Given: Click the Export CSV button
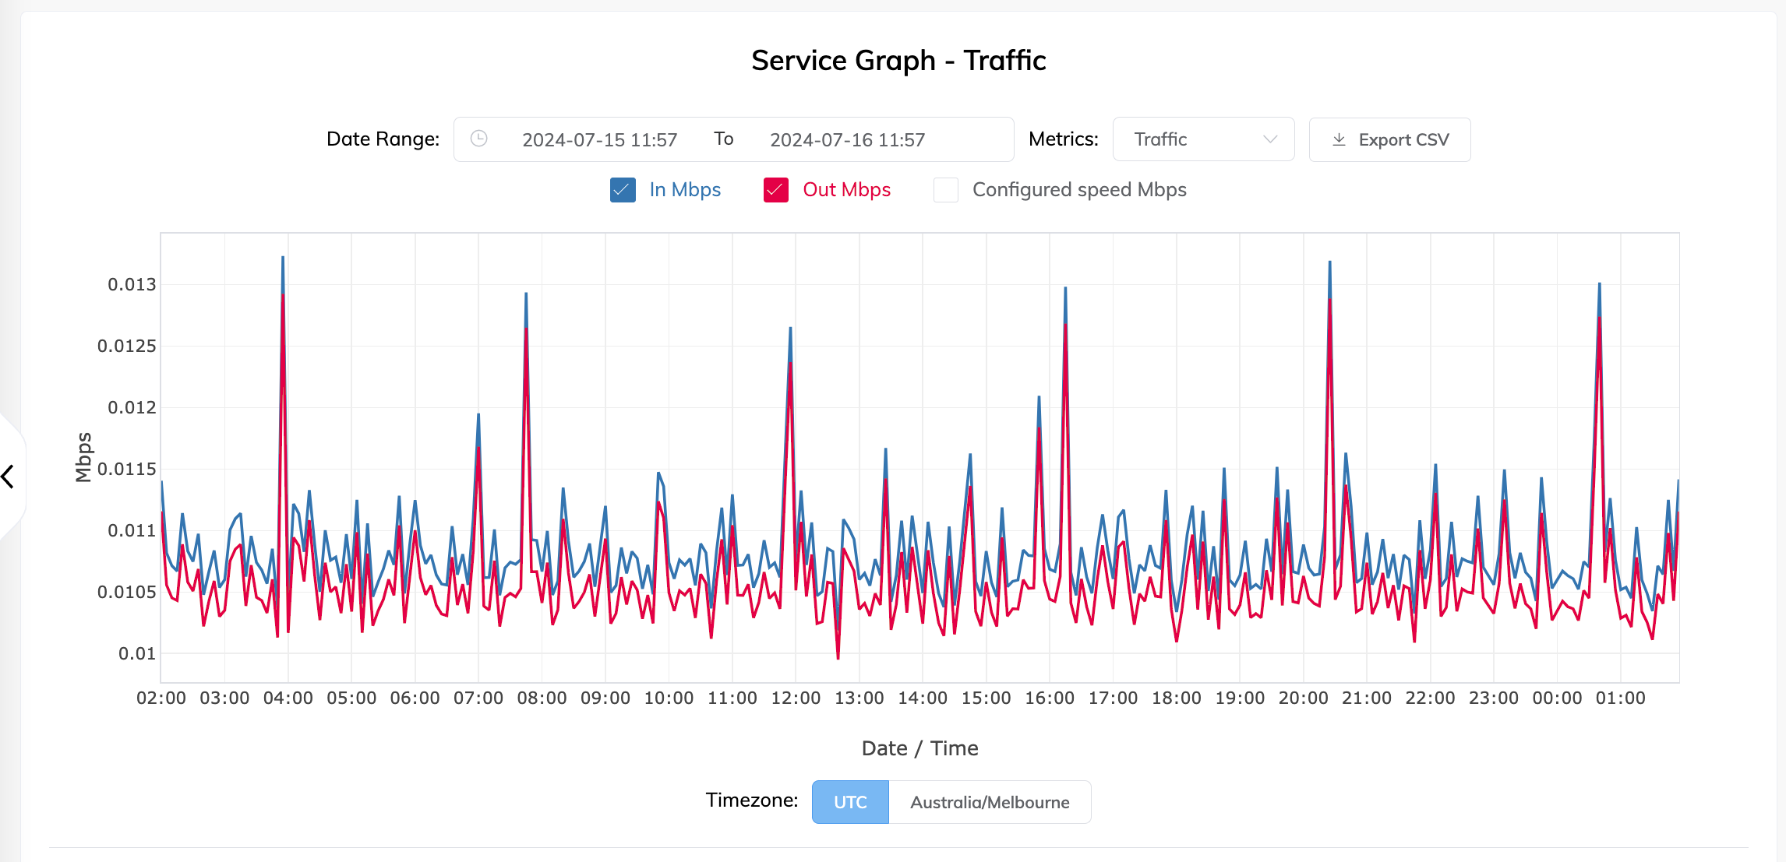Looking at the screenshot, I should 1389,140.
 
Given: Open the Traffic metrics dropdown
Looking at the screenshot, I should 1203,140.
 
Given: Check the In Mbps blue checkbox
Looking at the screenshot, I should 623,190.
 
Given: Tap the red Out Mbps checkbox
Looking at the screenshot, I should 776,190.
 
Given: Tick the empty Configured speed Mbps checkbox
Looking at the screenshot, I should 946,190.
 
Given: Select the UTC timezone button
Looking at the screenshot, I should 850,802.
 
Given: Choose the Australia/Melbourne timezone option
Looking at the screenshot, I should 990,802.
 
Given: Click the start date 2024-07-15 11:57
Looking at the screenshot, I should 599,140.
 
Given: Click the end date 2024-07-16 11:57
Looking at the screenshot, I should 847,140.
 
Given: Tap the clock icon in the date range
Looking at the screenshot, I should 479,139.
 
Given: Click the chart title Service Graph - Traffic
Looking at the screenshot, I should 898,61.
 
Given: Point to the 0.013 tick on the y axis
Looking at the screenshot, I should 132,284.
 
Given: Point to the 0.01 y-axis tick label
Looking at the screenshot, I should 137,653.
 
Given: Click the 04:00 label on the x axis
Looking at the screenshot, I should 288,698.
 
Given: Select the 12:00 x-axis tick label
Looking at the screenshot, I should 796,698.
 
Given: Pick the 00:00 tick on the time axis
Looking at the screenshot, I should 1557,698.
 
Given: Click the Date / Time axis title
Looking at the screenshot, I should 919,748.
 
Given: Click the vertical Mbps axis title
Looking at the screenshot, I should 84,457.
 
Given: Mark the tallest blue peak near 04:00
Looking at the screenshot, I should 283,258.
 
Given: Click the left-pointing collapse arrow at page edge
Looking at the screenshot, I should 9,476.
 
